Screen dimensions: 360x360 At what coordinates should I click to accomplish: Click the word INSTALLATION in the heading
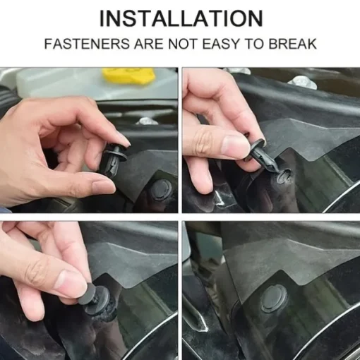point(181,18)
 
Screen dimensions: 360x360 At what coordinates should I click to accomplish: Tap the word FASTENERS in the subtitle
point(87,44)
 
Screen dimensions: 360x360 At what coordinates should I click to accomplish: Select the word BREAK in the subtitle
point(292,44)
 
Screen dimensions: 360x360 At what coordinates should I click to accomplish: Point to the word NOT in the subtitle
point(183,44)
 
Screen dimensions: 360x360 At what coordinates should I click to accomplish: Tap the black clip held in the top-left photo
point(114,160)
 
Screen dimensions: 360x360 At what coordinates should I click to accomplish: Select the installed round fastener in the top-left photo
point(161,190)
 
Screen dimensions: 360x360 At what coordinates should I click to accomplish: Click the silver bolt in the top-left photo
point(145,121)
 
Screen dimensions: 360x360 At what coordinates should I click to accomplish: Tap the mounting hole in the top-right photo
point(284,176)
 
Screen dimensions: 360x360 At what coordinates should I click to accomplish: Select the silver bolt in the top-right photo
point(302,83)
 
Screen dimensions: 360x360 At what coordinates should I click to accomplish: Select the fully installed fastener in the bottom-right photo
point(273,299)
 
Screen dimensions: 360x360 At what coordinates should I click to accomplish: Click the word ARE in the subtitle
point(149,44)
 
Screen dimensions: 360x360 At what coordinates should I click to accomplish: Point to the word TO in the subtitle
point(253,44)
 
